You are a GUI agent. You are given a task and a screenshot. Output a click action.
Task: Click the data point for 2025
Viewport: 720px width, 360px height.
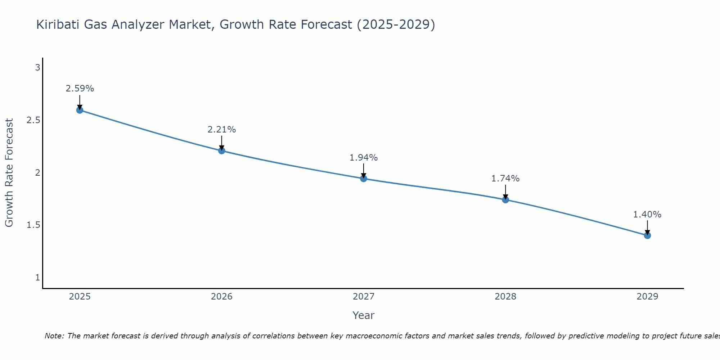click(x=80, y=110)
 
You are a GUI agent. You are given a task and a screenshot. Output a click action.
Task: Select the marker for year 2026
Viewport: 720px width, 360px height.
click(x=222, y=150)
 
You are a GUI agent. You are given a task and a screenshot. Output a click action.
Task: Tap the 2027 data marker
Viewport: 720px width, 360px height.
click(x=364, y=179)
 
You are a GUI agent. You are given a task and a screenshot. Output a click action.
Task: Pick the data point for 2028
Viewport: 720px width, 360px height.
click(x=505, y=200)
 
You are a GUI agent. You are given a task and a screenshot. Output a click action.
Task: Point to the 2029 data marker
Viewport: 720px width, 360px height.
click(x=647, y=235)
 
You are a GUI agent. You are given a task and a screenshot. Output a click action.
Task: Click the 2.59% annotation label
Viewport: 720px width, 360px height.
click(x=80, y=89)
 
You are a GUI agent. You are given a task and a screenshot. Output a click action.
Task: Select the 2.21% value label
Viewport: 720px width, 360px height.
click(x=222, y=130)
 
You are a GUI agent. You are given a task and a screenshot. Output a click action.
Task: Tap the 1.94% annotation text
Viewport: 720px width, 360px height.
click(x=364, y=158)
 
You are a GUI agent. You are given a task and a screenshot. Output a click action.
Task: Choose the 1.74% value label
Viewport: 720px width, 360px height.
click(x=505, y=179)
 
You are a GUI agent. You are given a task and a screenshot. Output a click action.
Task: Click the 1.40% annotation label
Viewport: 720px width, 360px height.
click(x=647, y=215)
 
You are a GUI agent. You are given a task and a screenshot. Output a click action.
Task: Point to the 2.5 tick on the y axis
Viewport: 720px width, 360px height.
click(x=33, y=120)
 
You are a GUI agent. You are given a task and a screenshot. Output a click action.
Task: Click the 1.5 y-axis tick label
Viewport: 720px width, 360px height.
click(x=33, y=225)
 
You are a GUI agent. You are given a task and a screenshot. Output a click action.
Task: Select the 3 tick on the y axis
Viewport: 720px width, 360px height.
click(x=37, y=68)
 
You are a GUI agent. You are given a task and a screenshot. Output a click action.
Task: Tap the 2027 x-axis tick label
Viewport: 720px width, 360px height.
click(x=364, y=297)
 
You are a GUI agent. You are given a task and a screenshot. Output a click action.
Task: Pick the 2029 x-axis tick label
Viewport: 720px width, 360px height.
click(x=647, y=297)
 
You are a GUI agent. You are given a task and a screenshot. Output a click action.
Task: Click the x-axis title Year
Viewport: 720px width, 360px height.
click(x=364, y=315)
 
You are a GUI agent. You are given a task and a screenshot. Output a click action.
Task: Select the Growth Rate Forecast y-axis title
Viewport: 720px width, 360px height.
click(x=9, y=173)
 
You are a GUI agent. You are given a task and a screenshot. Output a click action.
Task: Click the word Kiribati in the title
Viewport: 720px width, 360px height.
click(x=58, y=24)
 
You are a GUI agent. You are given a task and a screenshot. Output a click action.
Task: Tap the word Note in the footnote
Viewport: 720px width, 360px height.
click(x=54, y=336)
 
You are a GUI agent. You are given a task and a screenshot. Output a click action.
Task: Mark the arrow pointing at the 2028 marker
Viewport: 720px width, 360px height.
click(x=505, y=192)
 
